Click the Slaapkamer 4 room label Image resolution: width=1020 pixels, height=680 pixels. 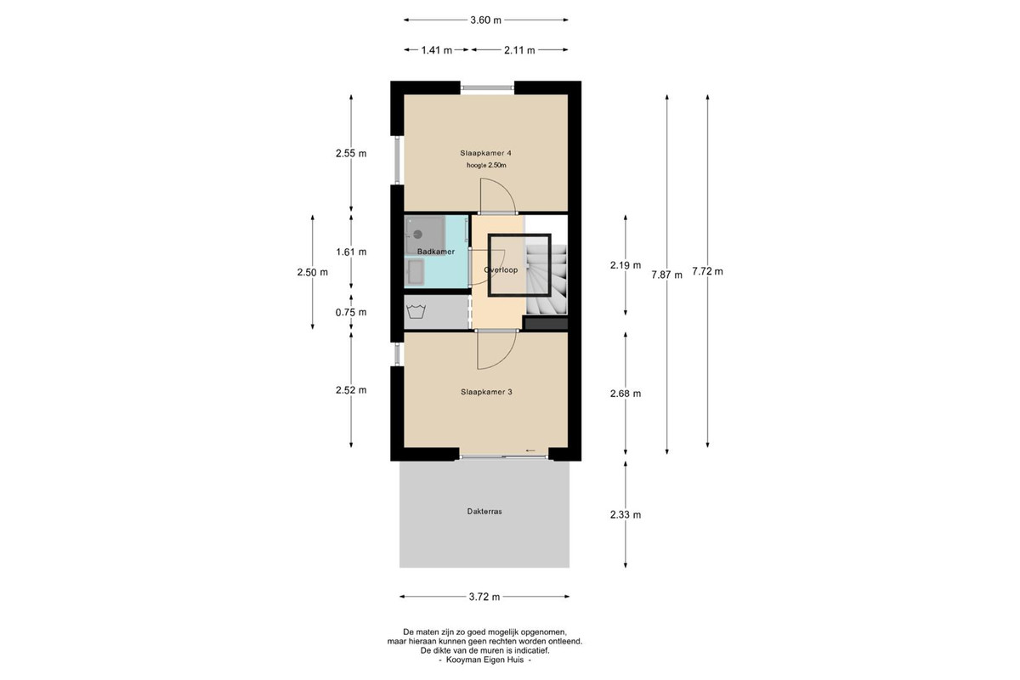(485, 153)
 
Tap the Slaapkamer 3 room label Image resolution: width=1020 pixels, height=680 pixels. (486, 392)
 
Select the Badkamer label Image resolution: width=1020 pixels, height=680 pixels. (436, 252)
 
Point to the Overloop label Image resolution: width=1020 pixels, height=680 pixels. (501, 269)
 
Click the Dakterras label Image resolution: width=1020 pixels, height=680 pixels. (484, 512)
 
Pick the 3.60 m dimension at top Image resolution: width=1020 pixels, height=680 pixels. (485, 20)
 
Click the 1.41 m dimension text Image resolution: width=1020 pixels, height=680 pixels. (436, 50)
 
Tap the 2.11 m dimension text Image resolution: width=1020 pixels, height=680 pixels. (519, 50)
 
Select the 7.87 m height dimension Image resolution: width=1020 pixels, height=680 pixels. (666, 275)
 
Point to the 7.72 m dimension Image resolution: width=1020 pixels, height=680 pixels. (707, 271)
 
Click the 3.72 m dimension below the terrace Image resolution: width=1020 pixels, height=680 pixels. (484, 597)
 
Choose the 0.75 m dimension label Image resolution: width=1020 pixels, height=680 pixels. (350, 313)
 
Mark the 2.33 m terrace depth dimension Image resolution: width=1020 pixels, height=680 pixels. (626, 514)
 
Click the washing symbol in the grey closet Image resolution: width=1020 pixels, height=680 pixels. (416, 312)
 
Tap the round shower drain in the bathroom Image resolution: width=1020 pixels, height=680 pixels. (417, 235)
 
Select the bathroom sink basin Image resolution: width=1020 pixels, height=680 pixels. (415, 271)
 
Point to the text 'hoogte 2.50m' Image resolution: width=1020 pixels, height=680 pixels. (486, 166)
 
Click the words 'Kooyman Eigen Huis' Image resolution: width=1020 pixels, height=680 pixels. (485, 660)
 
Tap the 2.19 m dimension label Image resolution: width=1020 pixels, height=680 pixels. (626, 265)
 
